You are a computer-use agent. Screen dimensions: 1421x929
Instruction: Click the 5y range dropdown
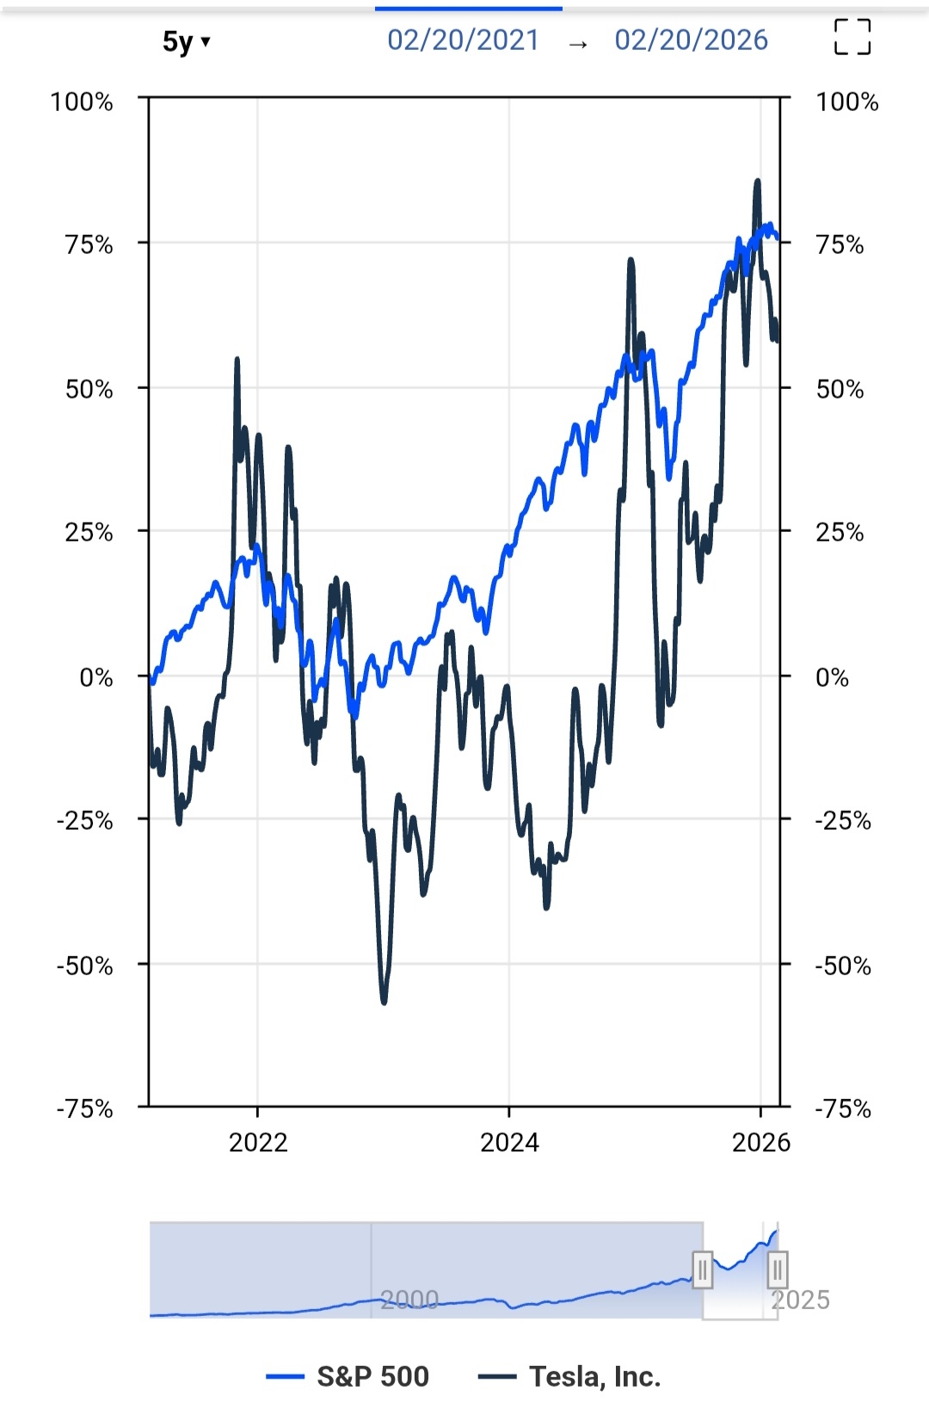pyautogui.click(x=186, y=41)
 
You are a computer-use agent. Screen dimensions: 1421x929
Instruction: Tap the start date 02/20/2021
pyautogui.click(x=463, y=40)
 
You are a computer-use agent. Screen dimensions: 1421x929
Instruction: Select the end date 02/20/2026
pyautogui.click(x=691, y=40)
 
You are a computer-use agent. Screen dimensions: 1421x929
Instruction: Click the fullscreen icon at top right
pyautogui.click(x=852, y=38)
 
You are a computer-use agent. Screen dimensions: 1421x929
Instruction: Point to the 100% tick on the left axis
pyautogui.click(x=82, y=102)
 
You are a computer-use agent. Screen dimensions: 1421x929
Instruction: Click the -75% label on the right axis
pyautogui.click(x=843, y=1109)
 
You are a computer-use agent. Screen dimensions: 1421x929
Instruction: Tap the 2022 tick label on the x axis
pyautogui.click(x=258, y=1143)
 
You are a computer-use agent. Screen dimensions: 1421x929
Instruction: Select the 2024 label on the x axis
pyautogui.click(x=509, y=1143)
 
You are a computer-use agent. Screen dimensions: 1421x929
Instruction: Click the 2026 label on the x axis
pyautogui.click(x=760, y=1143)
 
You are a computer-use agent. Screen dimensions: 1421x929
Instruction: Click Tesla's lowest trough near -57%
pyautogui.click(x=384, y=1002)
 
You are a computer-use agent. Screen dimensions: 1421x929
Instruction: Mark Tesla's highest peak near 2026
pyautogui.click(x=757, y=181)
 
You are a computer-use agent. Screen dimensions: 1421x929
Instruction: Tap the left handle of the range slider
pyautogui.click(x=703, y=1270)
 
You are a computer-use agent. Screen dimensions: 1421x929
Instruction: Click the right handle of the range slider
pyautogui.click(x=777, y=1270)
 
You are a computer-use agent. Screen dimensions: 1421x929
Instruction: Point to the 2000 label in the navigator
pyautogui.click(x=409, y=1300)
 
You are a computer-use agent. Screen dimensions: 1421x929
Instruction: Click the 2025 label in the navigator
pyautogui.click(x=800, y=1300)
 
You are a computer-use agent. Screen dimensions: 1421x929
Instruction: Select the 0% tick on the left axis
pyautogui.click(x=96, y=677)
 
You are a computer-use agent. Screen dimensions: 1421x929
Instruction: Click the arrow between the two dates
pyautogui.click(x=578, y=43)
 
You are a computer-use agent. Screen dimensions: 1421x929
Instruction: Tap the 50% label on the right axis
pyautogui.click(x=840, y=389)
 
